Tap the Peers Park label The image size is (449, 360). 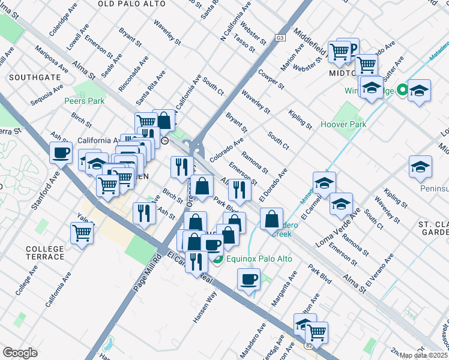tap(84, 101)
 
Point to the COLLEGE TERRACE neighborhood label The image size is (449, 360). tap(45, 253)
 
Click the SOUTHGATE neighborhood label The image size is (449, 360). tap(34, 77)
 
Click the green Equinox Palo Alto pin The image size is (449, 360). tap(217, 259)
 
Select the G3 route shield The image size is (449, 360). tap(280, 38)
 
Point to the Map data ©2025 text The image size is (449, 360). tap(424, 355)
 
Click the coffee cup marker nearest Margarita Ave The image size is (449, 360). tap(249, 279)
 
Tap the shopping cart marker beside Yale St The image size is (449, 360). tap(82, 232)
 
